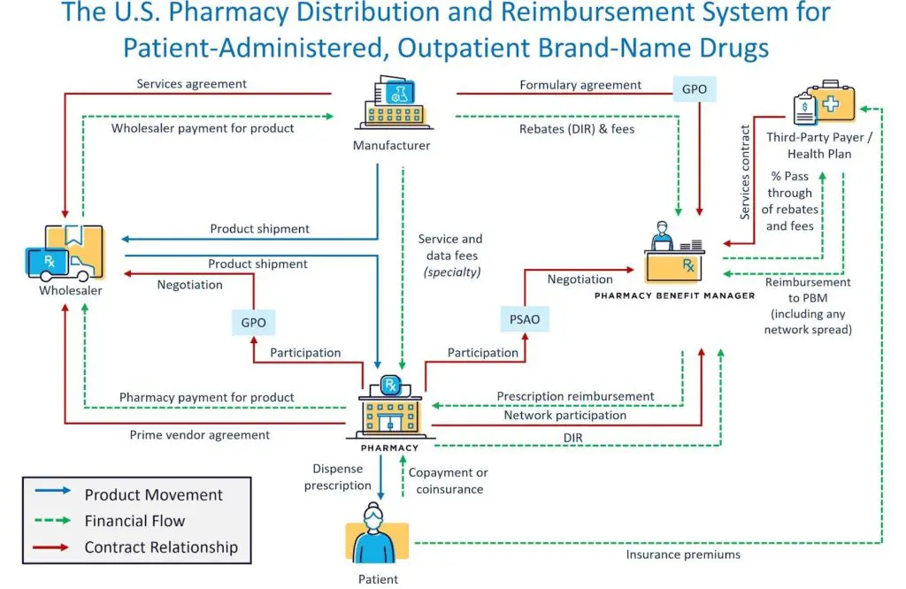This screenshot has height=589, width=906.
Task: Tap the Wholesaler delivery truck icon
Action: pos(67,252)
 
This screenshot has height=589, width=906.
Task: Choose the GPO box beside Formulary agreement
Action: pos(695,89)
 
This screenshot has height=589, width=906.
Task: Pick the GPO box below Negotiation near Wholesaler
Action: pos(253,322)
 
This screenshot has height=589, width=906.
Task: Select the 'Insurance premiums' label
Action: pos(683,555)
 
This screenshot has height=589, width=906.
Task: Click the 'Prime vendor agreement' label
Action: pos(200,434)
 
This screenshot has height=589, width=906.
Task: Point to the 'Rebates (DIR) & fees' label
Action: pos(577,128)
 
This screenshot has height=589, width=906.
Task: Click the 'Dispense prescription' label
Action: pos(338,477)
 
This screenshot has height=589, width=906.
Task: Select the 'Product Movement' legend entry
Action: pos(154,495)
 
